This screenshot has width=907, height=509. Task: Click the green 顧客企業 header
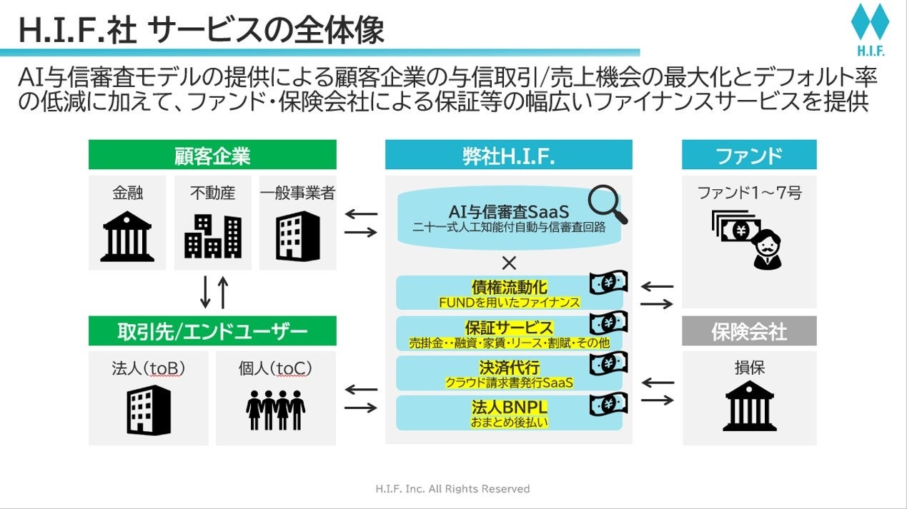[212, 155]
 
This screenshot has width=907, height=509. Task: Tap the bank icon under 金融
[127, 235]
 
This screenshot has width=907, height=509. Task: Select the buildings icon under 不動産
[212, 235]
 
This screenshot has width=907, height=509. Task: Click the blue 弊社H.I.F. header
[508, 155]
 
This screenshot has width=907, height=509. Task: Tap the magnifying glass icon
[608, 204]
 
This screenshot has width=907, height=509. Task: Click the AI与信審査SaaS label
[509, 212]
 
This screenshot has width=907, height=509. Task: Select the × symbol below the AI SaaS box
[509, 263]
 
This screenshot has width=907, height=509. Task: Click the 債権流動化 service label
[509, 287]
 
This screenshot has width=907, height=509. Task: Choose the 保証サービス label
[509, 328]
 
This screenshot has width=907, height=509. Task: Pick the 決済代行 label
[509, 368]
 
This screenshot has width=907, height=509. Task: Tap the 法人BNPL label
[509, 408]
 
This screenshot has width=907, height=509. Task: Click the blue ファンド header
[749, 155]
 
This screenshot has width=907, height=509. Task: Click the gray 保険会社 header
[749, 331]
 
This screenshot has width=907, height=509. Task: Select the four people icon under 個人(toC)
[276, 410]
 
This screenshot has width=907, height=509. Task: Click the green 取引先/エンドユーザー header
[212, 331]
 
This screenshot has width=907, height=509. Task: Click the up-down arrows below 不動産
[214, 293]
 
